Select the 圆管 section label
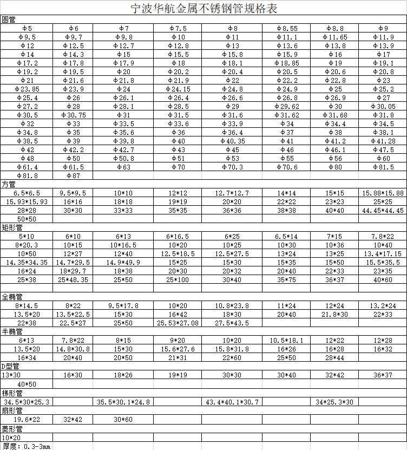9,19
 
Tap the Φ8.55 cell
287,28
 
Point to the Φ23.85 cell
27,89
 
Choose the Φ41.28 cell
383,141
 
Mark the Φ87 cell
73,175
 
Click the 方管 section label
9,184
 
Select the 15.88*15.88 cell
383,193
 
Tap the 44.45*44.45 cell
383,210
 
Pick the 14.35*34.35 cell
27,262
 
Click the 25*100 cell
178,279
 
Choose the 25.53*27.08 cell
178,323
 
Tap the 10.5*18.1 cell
287,340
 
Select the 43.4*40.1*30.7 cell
233,402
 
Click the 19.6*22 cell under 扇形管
27,419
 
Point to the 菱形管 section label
11,428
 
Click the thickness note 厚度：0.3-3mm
27,446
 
